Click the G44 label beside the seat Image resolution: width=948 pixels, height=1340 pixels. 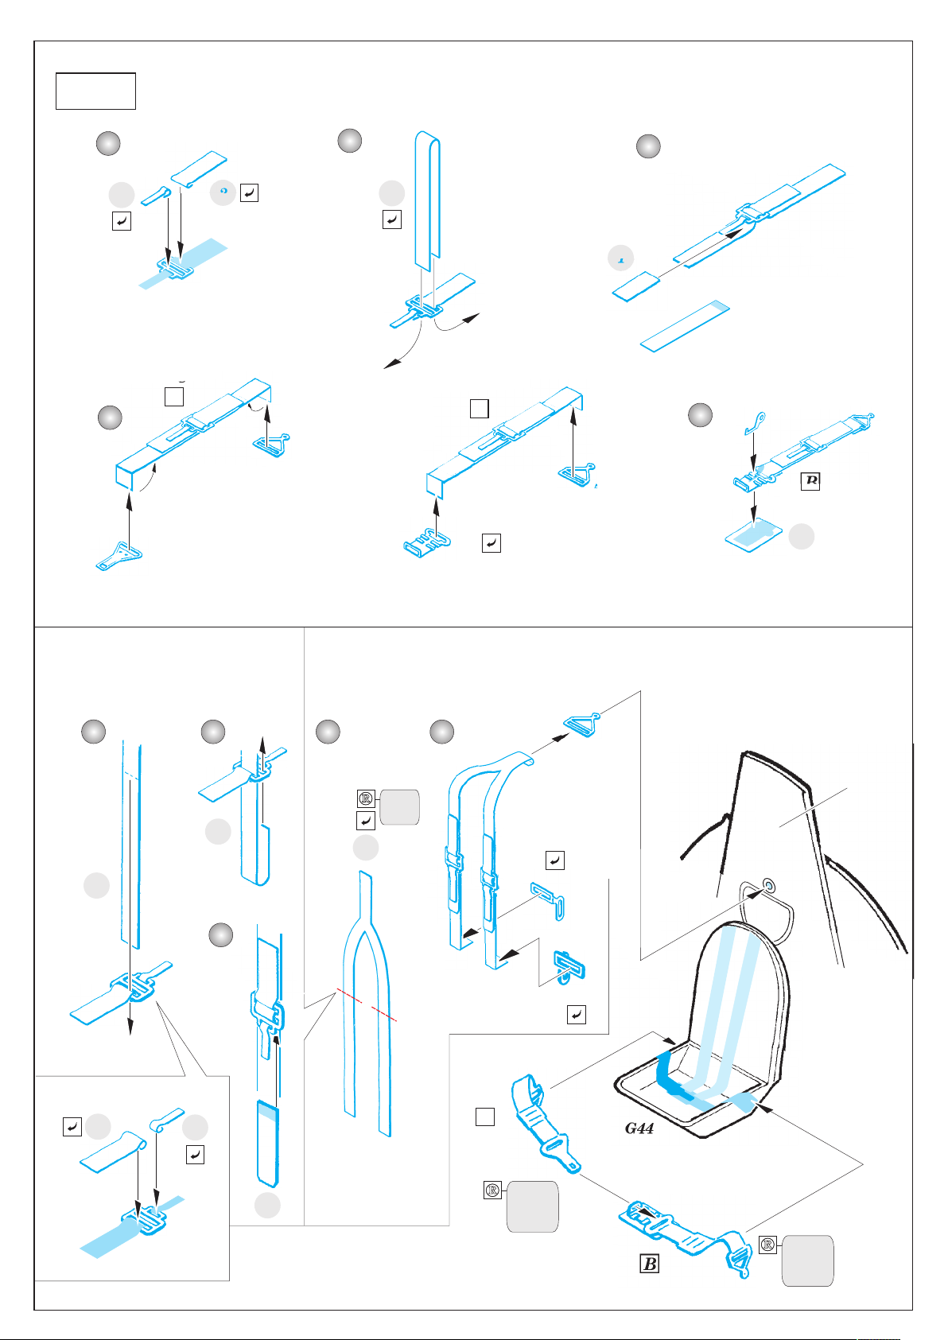coord(639,1128)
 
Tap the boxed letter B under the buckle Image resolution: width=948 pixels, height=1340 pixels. coord(649,1263)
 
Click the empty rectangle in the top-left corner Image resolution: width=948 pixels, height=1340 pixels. coord(95,91)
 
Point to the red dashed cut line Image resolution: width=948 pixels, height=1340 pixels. coord(366,1004)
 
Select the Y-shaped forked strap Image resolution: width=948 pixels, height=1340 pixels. coord(365,1002)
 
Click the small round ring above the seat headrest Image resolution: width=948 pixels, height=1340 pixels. coord(768,884)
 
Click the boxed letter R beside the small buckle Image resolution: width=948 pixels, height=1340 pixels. coord(810,480)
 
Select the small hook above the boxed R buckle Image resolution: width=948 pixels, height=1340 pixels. coord(755,422)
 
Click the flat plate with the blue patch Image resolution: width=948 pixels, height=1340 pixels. coord(754,533)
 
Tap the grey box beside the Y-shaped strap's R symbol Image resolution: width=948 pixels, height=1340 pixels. coord(399,807)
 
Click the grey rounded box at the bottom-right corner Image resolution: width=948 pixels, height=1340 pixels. coord(807,1260)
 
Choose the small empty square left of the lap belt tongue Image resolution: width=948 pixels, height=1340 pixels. coord(485,1117)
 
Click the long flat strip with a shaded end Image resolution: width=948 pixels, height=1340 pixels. coord(685,326)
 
